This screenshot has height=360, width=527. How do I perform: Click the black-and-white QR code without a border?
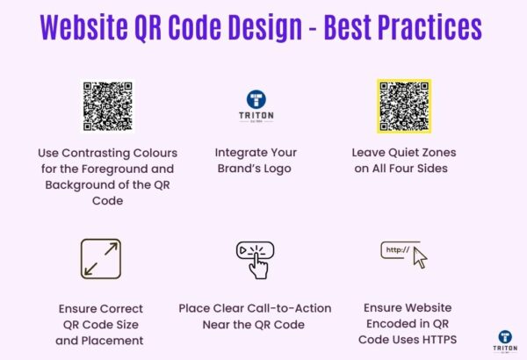coord(107,106)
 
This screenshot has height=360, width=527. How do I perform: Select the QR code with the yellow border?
coord(404,105)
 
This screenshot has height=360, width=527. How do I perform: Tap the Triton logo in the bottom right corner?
coord(505,342)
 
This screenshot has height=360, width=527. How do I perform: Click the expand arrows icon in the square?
coord(100,259)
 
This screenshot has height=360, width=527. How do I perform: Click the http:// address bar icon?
coord(396,250)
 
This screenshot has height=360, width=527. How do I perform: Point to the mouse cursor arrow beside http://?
coord(420,258)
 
